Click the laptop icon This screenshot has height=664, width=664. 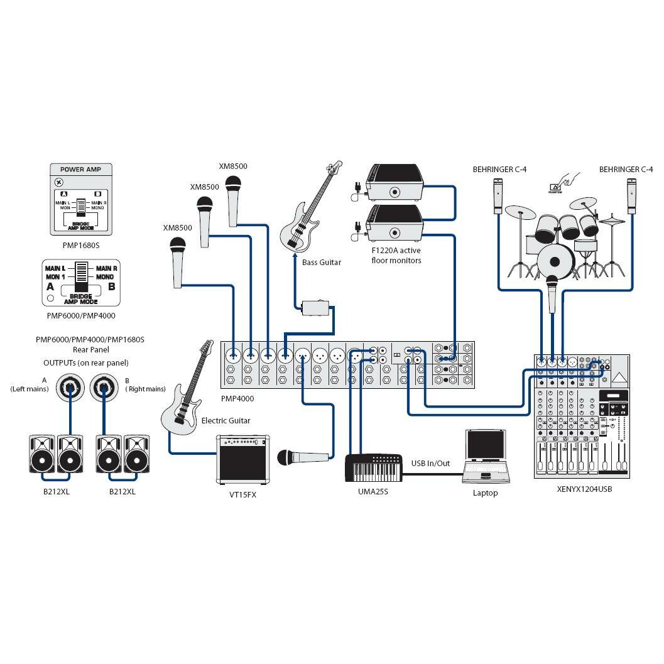(484, 455)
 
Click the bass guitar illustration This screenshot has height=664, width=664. (308, 214)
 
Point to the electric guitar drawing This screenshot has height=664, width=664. (187, 393)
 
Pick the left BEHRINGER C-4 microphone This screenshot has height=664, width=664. (498, 196)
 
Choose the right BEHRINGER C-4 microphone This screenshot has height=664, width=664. (632, 196)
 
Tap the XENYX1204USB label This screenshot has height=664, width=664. (584, 489)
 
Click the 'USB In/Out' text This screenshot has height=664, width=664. (430, 464)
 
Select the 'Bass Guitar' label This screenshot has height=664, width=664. (321, 262)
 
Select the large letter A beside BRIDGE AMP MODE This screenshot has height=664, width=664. (50, 286)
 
